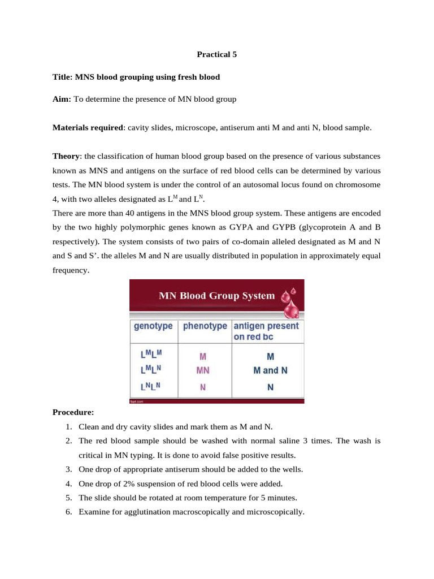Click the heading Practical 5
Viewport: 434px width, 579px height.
(217, 55)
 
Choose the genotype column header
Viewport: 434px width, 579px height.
(153, 326)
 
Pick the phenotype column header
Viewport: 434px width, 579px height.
(205, 326)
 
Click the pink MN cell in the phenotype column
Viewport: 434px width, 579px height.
(202, 371)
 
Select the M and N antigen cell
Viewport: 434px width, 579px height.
(270, 371)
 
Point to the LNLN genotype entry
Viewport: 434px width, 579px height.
(150, 387)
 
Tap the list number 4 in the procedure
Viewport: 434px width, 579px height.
(68, 483)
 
